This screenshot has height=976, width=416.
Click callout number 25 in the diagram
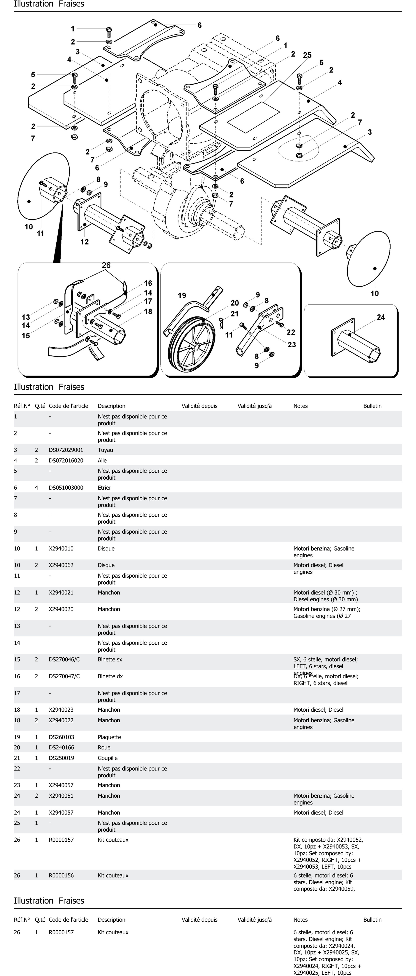point(307,55)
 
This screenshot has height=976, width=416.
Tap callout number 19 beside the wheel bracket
point(182,295)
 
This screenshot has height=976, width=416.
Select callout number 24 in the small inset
point(381,317)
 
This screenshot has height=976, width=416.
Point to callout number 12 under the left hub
point(85,242)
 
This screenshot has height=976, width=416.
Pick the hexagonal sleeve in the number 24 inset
point(358,345)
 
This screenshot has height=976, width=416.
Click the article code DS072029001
point(66,450)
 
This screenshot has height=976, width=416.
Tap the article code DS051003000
point(66,488)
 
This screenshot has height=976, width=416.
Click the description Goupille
point(108,758)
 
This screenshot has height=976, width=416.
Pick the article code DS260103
point(61,737)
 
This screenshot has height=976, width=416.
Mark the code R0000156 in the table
point(61,876)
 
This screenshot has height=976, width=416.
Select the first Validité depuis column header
point(199,406)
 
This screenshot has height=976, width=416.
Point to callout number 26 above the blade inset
point(106,265)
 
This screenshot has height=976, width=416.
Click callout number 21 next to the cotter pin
point(235,314)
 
